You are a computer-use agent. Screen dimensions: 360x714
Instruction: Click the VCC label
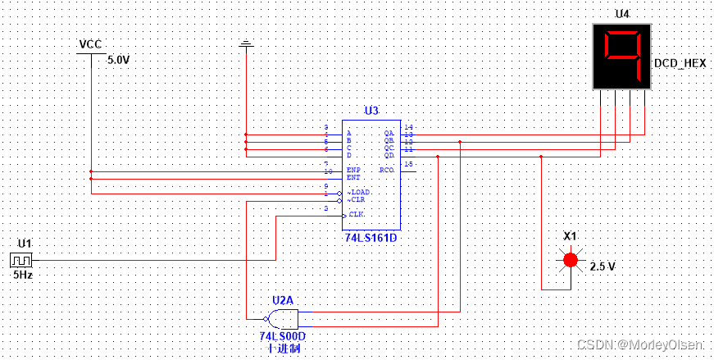89,44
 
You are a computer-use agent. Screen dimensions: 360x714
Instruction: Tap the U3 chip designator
371,111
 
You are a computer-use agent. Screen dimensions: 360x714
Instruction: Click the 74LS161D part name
371,238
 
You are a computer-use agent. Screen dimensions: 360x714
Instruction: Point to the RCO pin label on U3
386,170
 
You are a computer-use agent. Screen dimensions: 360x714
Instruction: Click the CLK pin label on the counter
356,214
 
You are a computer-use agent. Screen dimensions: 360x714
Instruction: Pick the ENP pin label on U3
353,170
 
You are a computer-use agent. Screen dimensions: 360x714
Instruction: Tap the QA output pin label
389,131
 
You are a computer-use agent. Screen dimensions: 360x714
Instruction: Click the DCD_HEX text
680,64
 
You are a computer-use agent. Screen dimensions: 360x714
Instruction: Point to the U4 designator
622,14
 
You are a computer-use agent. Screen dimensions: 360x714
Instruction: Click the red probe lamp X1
569,260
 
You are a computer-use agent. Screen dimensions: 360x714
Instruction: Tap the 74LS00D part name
281,336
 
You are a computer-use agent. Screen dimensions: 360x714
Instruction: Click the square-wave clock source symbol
19,260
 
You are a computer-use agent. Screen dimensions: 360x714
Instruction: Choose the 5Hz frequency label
22,276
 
